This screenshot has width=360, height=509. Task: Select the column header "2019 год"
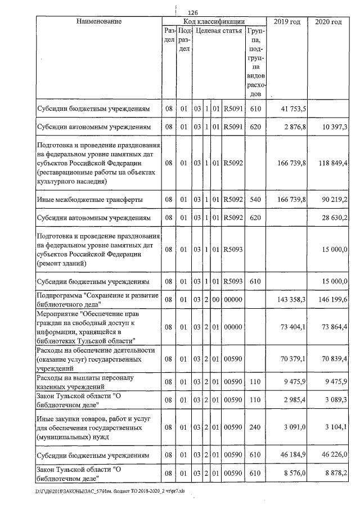point(286,21)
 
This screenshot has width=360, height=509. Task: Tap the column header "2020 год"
point(328,21)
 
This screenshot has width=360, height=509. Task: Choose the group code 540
point(255,199)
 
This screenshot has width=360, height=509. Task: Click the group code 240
point(255,427)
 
